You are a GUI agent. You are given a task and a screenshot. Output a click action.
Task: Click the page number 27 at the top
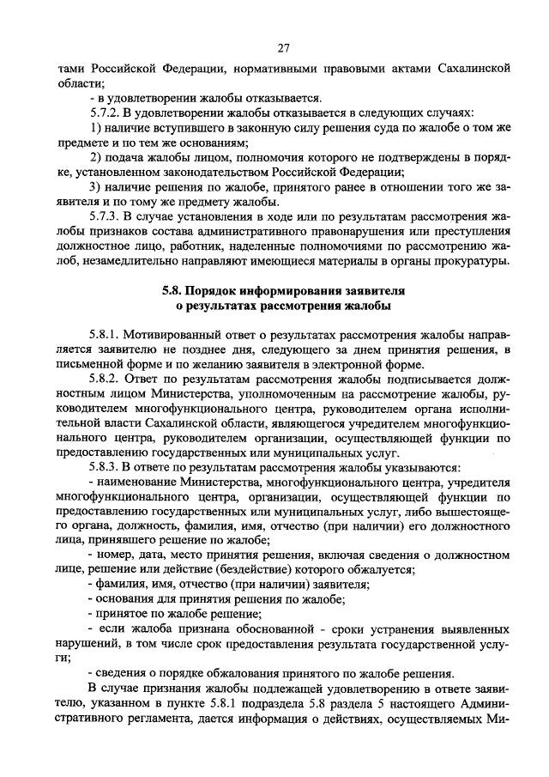(284, 47)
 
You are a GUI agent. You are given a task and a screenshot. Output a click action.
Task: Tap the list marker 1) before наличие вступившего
(95, 127)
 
